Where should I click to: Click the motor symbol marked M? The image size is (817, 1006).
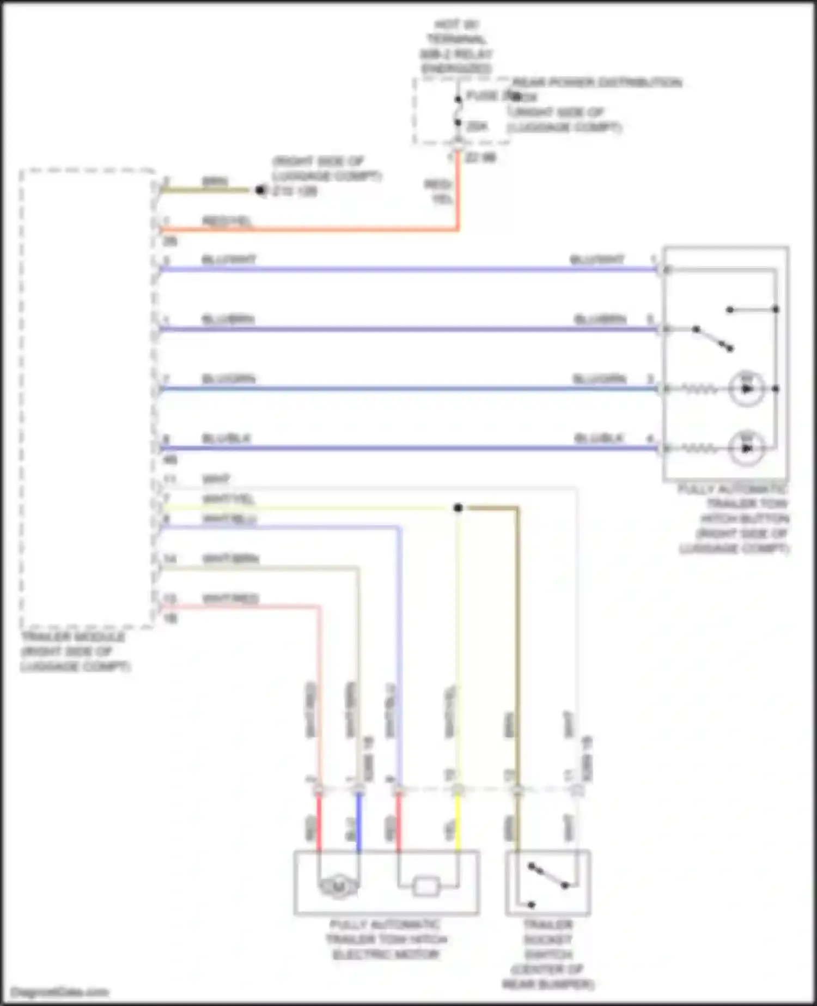tap(338, 888)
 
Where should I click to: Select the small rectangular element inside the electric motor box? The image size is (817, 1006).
tap(426, 887)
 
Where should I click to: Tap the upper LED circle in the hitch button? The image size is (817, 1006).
tap(747, 389)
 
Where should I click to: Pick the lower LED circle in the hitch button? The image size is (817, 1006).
tap(747, 448)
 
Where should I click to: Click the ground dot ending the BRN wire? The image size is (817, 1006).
tap(260, 190)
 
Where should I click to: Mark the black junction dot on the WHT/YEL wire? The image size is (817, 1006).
tap(458, 508)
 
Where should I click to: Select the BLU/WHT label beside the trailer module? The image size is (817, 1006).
tap(229, 259)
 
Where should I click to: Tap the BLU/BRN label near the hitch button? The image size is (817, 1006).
tap(600, 319)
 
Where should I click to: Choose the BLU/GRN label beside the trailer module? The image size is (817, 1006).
tap(228, 379)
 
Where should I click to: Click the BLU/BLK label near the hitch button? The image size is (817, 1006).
tap(599, 438)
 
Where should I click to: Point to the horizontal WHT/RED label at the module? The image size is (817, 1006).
tap(230, 599)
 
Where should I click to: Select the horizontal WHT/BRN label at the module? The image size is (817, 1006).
tap(230, 559)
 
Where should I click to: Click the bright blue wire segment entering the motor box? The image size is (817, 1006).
tap(359, 823)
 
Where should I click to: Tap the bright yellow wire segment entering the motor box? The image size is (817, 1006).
tap(458, 823)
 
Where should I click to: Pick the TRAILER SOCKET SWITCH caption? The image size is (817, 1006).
tap(547, 954)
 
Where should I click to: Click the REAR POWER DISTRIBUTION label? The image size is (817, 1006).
tap(597, 83)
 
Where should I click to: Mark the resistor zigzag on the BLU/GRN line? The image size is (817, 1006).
tap(700, 389)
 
